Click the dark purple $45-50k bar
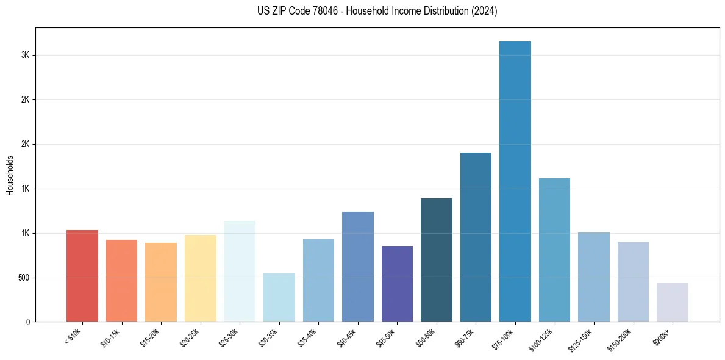397,284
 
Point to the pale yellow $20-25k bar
201,278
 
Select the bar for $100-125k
554,250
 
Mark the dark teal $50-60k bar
437,260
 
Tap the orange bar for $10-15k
121,281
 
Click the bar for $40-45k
358,267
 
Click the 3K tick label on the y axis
25,55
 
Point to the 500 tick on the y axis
23,278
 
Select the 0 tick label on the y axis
27,322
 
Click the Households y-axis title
10,175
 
